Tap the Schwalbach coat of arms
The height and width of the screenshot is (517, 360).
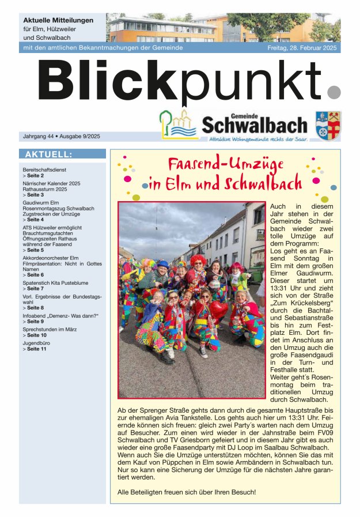coord(328,125)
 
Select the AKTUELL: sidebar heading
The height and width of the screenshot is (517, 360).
coord(48,154)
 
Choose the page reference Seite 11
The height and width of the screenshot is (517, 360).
coord(41,349)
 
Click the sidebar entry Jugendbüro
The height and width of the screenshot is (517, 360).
coord(36,343)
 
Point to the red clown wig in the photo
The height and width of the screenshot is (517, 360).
coord(198,261)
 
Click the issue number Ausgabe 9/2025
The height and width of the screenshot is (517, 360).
coord(79,137)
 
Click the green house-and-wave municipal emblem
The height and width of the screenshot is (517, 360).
coord(179,124)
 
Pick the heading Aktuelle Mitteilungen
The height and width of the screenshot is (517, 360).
coord(58,20)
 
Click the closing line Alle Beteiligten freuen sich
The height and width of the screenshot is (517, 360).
coord(186,492)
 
